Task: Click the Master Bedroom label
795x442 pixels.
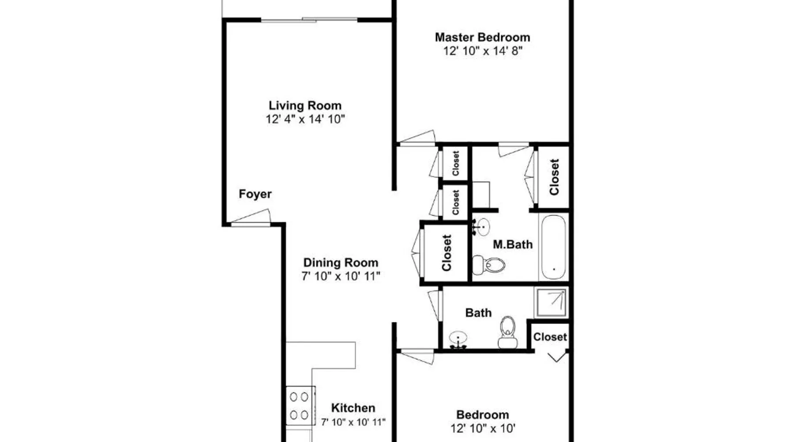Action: click(482, 38)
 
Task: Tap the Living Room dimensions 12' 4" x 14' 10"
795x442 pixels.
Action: click(305, 119)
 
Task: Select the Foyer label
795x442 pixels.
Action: click(255, 194)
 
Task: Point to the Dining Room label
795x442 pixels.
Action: click(341, 263)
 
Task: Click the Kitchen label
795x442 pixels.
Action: click(353, 408)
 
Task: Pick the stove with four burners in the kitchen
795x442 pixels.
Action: click(300, 406)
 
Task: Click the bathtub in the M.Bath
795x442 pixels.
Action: click(553, 247)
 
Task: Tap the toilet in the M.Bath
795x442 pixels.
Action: click(488, 265)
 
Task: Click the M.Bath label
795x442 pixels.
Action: click(513, 244)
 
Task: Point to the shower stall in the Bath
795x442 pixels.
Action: click(551, 303)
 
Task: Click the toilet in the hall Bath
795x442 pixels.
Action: click(507, 332)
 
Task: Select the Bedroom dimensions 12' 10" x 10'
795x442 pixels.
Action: click(483, 428)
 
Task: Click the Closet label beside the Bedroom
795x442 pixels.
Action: click(550, 337)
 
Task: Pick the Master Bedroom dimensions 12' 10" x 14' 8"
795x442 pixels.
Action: click(483, 51)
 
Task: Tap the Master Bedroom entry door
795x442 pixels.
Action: click(417, 137)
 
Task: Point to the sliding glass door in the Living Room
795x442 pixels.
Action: click(309, 19)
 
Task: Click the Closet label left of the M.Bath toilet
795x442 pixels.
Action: click(447, 253)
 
